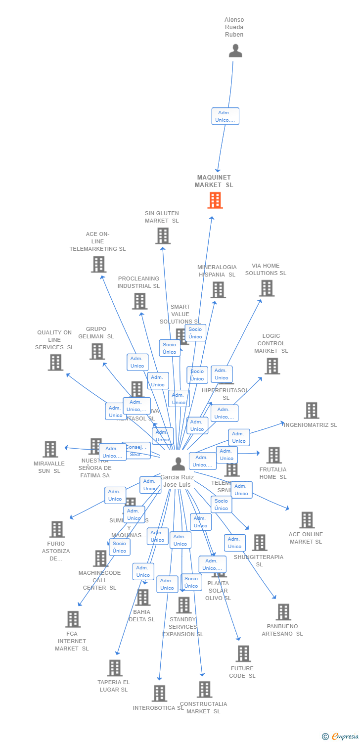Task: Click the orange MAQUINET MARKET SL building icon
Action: pos(215,200)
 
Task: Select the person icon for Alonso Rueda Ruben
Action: pos(235,50)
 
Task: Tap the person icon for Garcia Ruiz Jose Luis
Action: pos(178,464)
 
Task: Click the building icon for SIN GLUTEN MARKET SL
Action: pos(163,236)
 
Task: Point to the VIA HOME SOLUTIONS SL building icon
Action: pos(267,288)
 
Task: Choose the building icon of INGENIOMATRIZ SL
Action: pos(311,410)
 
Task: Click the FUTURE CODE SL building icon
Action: pos(243,653)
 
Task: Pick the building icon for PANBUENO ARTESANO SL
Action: pos(283,612)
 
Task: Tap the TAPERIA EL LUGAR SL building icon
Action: pos(114,668)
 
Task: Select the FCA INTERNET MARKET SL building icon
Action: pos(73,619)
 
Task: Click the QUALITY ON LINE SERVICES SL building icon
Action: pos(55,362)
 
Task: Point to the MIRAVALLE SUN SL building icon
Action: pos(50,449)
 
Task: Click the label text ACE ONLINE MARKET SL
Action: pos(306,538)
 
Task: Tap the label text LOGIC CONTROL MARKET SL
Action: pos(271,343)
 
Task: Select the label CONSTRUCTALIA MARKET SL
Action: pos(203,708)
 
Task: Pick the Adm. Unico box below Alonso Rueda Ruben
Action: pos(225,116)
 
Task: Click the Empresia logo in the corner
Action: pos(341,737)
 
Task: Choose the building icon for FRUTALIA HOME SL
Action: pos(273,455)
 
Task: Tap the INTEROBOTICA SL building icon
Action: pos(159,693)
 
